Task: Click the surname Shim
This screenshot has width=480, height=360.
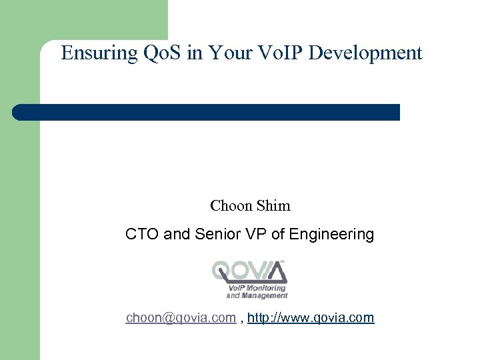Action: [274, 206]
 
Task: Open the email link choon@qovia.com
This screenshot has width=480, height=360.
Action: [181, 318]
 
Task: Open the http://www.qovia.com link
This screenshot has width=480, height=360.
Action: [311, 318]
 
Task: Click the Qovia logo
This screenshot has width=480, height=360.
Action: [250, 279]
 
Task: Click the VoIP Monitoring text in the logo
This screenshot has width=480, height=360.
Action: [257, 288]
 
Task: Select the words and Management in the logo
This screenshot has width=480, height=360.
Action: [257, 295]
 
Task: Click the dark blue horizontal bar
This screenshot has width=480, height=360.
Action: [207, 112]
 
